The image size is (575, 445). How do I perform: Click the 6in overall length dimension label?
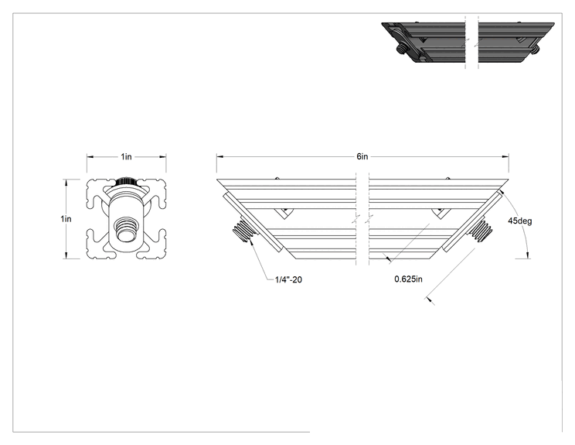pos(362,157)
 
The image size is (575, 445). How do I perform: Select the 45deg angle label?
pos(519,221)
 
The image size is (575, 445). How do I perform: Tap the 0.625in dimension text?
pos(408,279)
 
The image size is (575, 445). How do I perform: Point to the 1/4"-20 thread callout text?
pos(288,280)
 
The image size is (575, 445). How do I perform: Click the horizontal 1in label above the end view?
pos(126,157)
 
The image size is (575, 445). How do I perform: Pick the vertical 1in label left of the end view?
pos(66,219)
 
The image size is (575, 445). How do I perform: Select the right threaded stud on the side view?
pos(481,229)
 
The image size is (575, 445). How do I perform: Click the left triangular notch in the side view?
pos(284,213)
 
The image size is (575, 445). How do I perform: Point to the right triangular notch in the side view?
pos(441,213)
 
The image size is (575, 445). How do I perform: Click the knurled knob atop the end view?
pos(126,181)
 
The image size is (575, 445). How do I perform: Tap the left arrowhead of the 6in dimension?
pos(219,157)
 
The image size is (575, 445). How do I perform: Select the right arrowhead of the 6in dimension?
pos(505,157)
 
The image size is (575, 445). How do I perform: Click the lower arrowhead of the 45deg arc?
pos(528,255)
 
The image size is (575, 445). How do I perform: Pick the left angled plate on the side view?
pos(253,221)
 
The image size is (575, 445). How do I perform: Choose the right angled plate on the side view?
pos(472,221)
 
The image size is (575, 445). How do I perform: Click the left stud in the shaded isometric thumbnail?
pos(402,49)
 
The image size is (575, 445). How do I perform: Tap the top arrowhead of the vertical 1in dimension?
pos(66,183)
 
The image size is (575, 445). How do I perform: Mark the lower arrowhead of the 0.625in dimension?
pos(430,300)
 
